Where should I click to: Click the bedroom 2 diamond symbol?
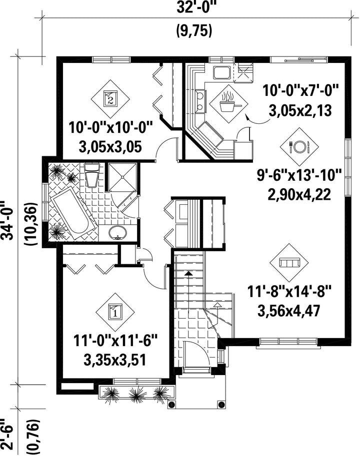[110, 99]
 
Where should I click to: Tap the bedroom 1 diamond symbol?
[115, 312]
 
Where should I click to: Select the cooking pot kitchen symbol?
[229, 104]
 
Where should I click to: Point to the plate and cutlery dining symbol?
[299, 146]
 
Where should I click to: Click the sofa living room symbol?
[289, 263]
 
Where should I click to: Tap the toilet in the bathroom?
[92, 175]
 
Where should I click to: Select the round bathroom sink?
[118, 233]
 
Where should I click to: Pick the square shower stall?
[122, 177]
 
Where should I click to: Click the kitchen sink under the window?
[222, 73]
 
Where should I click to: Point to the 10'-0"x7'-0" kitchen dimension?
[300, 90]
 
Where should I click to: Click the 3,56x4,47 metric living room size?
[288, 311]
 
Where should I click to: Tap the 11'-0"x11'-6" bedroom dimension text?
[115, 341]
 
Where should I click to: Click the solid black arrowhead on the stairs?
[188, 273]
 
